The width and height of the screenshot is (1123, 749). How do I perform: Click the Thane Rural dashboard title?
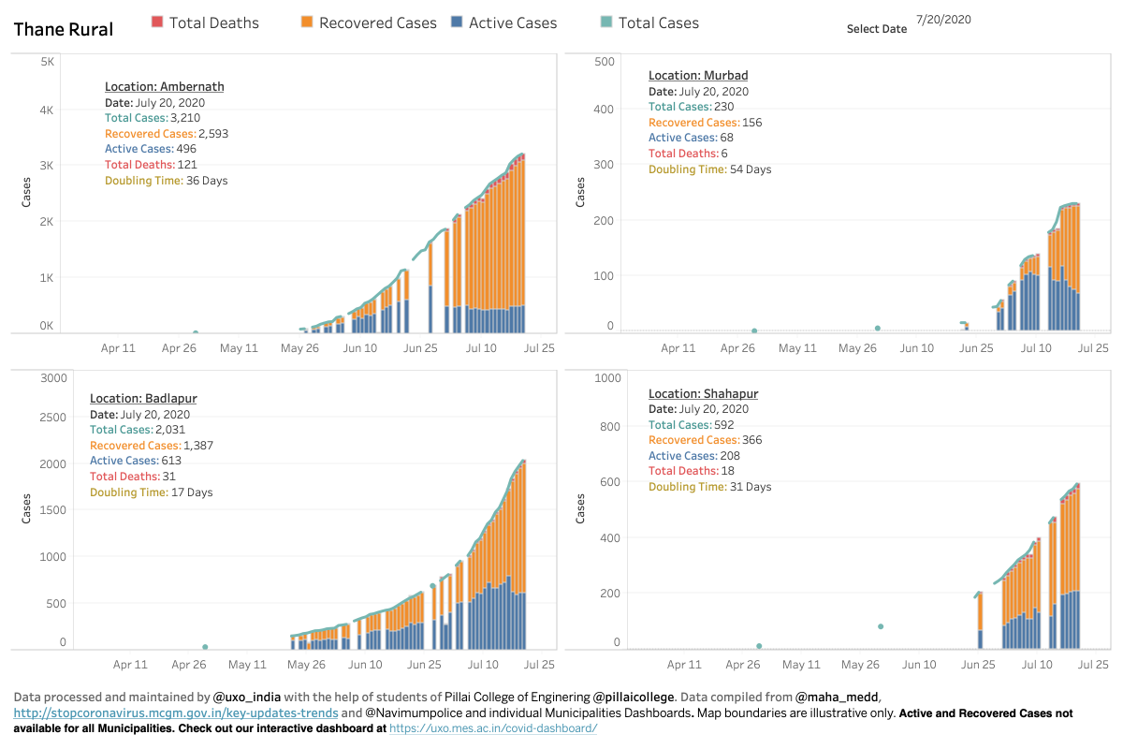click(x=64, y=29)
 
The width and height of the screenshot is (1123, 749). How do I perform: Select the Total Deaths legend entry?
click(x=206, y=22)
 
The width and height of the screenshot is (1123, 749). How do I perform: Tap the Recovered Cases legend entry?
click(x=369, y=22)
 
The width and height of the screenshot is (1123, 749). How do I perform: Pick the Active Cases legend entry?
click(x=504, y=22)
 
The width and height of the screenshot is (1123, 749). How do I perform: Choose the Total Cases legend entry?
click(x=649, y=22)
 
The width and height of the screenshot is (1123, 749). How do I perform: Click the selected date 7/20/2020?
click(x=943, y=20)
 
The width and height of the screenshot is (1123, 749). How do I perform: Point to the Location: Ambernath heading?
click(x=165, y=86)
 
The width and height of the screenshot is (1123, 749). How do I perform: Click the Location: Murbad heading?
click(x=698, y=75)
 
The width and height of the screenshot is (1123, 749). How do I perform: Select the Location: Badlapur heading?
click(x=143, y=398)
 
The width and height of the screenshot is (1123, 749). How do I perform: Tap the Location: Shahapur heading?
click(x=704, y=394)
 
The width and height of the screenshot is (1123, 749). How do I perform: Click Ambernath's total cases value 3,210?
click(x=185, y=118)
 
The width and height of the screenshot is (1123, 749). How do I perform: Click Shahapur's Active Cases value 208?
click(x=730, y=456)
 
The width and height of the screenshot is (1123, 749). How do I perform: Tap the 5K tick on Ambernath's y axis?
click(x=47, y=62)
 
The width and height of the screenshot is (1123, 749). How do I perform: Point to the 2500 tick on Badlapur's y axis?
click(x=52, y=418)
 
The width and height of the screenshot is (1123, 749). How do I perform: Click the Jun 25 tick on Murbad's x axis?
click(x=976, y=348)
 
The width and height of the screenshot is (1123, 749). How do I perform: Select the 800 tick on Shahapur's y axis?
click(x=610, y=426)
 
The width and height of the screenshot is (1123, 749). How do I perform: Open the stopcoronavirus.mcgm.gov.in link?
click(x=176, y=712)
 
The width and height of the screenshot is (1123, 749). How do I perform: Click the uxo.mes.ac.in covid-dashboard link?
click(x=493, y=727)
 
